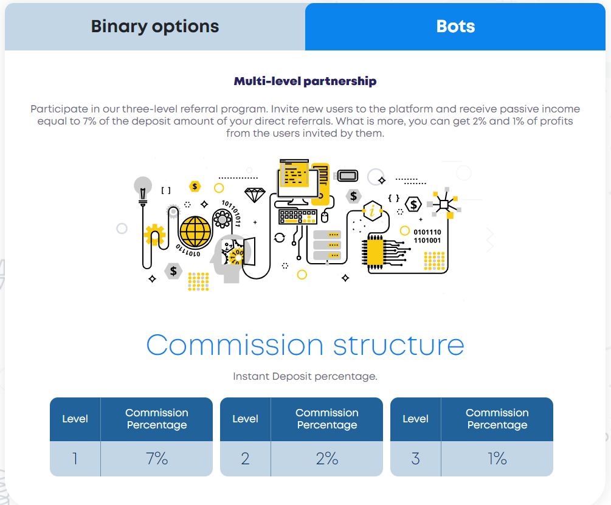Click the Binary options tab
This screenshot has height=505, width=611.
point(155,27)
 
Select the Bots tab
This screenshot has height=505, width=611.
point(455,27)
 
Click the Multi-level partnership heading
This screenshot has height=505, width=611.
point(305,81)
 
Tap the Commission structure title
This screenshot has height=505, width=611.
point(305,345)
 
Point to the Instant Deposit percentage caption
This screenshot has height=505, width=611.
point(305,376)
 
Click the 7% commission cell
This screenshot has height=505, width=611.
point(157,458)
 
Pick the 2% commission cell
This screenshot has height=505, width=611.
point(327,458)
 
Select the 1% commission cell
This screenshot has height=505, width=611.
point(497,458)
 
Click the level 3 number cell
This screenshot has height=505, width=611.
point(415,458)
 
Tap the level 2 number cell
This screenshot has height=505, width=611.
point(245,458)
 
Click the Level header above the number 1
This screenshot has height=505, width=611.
point(75,419)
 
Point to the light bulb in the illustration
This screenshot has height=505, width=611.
point(143,190)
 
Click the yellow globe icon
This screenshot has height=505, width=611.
point(195,232)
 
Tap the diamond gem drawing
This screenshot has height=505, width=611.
point(255,194)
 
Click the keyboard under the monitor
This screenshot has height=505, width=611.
point(298,216)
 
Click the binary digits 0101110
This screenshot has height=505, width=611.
point(427,232)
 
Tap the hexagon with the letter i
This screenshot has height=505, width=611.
point(373,211)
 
